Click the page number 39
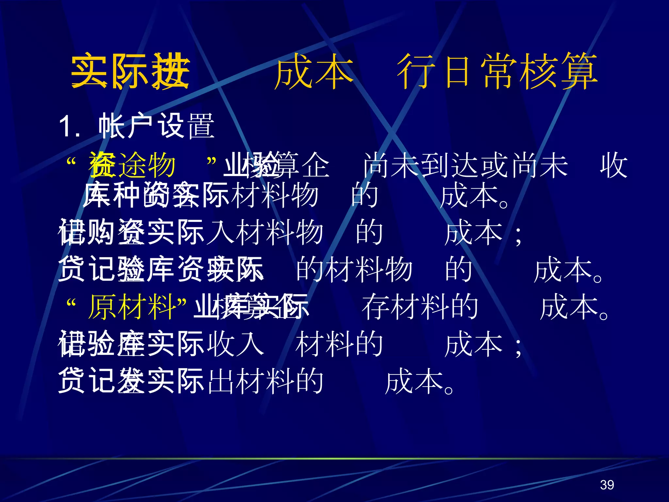click(607, 485)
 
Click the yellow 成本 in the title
click(314, 71)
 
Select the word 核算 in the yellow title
click(559, 71)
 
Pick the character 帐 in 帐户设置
click(111, 126)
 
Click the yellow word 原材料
click(132, 307)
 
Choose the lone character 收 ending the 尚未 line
click(613, 165)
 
